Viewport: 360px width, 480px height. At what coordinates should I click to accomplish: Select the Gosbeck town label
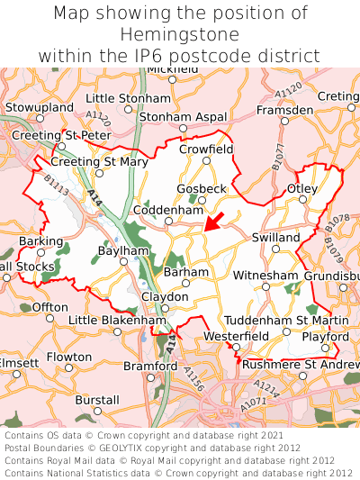click(x=202, y=188)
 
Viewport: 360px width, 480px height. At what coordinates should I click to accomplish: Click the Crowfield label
click(x=206, y=149)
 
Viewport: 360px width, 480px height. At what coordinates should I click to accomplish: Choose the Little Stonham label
click(x=129, y=98)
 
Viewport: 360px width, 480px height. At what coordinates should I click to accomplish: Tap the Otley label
click(x=301, y=188)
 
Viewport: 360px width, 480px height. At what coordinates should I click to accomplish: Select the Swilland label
click(x=276, y=236)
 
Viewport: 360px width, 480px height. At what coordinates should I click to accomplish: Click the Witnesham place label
click(x=265, y=276)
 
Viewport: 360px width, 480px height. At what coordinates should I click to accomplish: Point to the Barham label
click(x=186, y=272)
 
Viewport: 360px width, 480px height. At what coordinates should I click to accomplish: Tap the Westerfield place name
click(x=236, y=336)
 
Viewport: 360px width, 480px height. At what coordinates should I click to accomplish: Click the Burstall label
click(x=97, y=399)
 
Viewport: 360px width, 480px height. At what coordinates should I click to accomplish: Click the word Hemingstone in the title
click(x=180, y=34)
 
